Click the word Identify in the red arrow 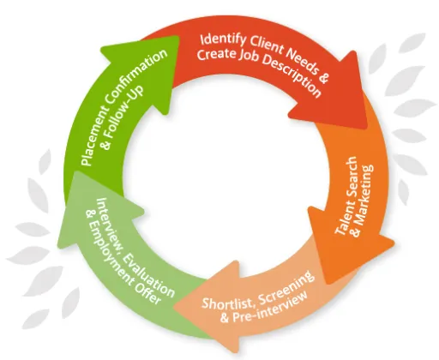pos(222,40)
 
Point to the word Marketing pos(362,201)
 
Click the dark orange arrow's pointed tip pos(328,283)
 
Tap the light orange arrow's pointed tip pos(174,308)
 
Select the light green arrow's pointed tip pos(74,171)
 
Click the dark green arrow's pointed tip pos(177,37)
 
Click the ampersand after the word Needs pos(323,77)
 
